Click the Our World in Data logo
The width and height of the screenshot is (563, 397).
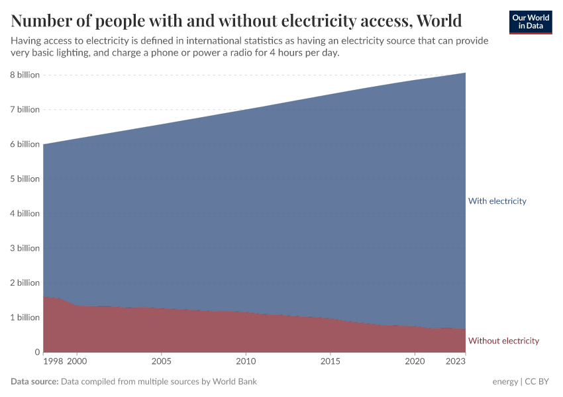pos(530,22)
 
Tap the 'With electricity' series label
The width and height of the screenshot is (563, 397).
pos(497,200)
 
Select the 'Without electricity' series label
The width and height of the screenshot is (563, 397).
pos(503,341)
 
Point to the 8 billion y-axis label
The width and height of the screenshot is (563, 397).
pos(24,75)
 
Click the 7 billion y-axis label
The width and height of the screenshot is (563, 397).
pos(24,109)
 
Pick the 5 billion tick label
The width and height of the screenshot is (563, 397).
pos(24,179)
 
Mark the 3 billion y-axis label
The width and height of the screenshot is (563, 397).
pos(24,248)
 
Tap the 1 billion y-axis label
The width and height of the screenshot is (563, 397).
pos(24,317)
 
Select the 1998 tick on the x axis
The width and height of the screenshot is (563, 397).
pos(52,362)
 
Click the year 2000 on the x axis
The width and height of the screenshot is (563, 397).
pos(77,362)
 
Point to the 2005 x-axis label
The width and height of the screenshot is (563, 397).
pos(161,362)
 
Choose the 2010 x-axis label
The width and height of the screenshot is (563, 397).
pos(246,362)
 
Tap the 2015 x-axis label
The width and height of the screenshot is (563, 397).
pos(331,362)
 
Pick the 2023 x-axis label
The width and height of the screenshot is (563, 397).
pos(456,362)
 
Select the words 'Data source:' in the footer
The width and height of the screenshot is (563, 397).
pos(34,382)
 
